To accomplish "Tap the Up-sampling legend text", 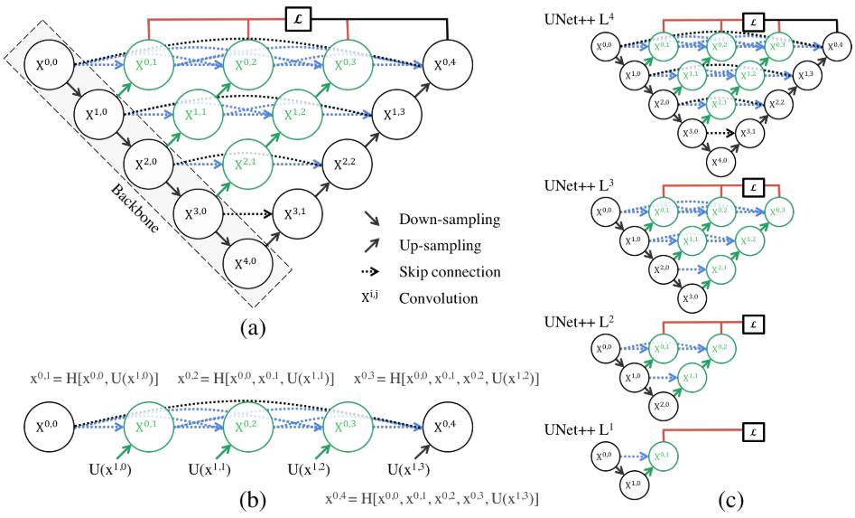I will click(432, 246).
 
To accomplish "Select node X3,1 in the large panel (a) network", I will click(297, 214).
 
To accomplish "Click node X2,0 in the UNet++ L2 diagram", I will click(661, 404).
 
